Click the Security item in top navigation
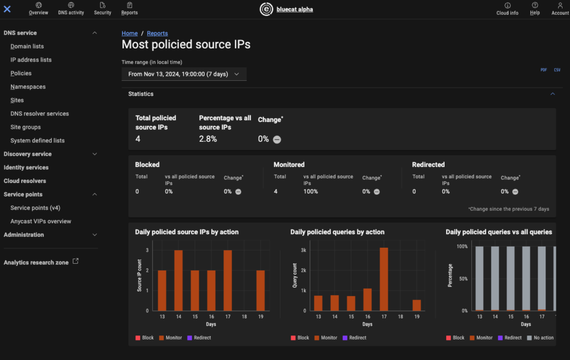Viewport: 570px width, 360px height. (x=103, y=9)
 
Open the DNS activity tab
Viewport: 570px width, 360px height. (x=71, y=9)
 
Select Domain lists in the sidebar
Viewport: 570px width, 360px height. (x=27, y=46)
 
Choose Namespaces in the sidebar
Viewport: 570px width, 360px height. (x=28, y=87)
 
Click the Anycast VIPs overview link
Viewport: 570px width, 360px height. (x=40, y=221)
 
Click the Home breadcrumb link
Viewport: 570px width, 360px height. (x=129, y=34)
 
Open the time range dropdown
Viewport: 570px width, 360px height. (x=184, y=74)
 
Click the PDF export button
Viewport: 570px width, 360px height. (x=544, y=70)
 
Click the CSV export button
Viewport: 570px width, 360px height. (x=557, y=70)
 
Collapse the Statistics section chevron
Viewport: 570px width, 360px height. (x=552, y=94)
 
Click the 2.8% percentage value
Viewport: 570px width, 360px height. (x=207, y=139)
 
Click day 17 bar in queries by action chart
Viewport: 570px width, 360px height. (x=384, y=279)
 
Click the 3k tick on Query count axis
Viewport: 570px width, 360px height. (x=303, y=250)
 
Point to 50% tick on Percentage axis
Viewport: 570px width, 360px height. (x=464, y=279)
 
